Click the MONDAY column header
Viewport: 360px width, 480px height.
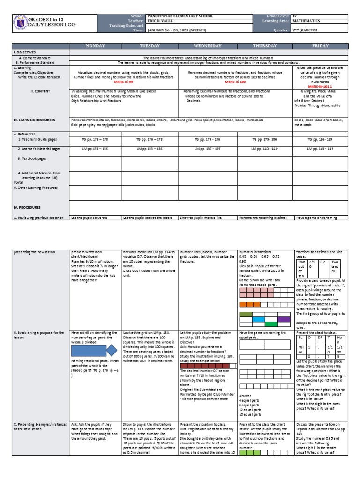tap(96, 46)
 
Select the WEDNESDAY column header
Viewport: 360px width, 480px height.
tap(207, 46)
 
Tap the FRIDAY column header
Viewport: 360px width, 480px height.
tap(319, 46)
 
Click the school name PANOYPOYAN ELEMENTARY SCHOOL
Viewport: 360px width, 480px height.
tap(180, 16)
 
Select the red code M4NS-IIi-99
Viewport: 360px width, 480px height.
tap(124, 81)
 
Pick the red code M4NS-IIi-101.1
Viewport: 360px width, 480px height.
tap(319, 86)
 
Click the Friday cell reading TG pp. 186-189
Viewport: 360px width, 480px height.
tap(319, 139)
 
